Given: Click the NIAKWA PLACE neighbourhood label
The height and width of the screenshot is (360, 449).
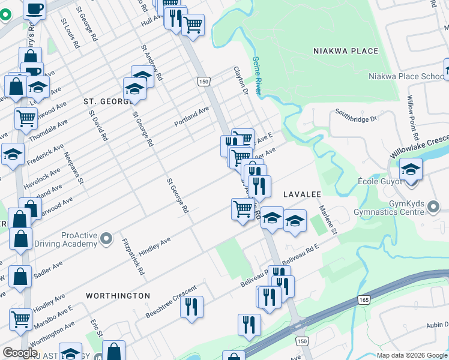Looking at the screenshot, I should pos(346,51).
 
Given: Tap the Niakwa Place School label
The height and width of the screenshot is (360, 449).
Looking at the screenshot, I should pos(406,76).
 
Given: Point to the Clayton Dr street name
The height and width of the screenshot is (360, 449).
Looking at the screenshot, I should pos(241,80).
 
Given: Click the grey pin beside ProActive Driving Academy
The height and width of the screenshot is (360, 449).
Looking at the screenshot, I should pos(107,239).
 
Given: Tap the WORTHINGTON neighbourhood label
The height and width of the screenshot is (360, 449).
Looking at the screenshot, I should pos(118,296).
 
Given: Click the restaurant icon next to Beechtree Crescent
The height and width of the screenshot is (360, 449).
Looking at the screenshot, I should pos(191,307).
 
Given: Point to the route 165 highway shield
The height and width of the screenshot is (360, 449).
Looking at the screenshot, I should pos(364,299).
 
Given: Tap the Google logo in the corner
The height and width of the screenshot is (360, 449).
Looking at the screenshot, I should pos(20,353).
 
